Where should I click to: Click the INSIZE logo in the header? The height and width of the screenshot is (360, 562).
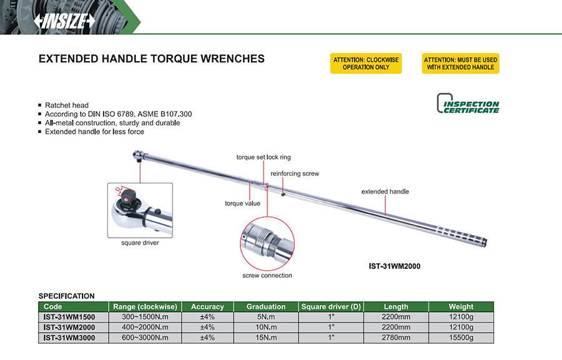click(64, 21)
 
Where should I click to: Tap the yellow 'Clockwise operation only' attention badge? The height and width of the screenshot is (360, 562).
click(366, 64)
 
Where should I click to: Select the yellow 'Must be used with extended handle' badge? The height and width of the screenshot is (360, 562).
click(461, 64)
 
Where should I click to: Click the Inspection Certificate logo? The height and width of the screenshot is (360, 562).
click(468, 104)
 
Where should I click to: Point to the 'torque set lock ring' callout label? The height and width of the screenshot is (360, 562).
click(264, 157)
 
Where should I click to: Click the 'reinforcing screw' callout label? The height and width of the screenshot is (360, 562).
click(295, 173)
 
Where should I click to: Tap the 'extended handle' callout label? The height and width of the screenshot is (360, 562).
click(385, 192)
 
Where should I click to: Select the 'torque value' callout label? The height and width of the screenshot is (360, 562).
click(243, 203)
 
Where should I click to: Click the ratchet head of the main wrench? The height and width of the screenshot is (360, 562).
click(139, 156)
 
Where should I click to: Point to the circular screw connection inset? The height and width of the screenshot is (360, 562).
click(267, 243)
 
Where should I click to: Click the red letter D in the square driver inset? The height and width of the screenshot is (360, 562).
click(118, 189)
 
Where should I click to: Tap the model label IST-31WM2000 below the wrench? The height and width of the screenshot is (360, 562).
click(395, 266)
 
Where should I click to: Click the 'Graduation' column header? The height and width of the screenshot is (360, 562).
click(266, 306)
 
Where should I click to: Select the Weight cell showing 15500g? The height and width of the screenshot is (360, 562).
click(461, 338)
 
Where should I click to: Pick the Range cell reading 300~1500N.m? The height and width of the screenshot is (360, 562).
click(145, 317)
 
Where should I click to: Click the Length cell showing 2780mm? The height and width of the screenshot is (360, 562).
click(396, 338)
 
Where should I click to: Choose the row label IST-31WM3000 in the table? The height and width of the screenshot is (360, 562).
click(69, 338)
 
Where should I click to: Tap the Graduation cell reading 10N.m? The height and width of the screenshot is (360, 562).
click(266, 328)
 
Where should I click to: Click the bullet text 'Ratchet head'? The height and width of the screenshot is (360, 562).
click(67, 105)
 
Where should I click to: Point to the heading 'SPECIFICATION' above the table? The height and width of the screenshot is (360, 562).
click(67, 296)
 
